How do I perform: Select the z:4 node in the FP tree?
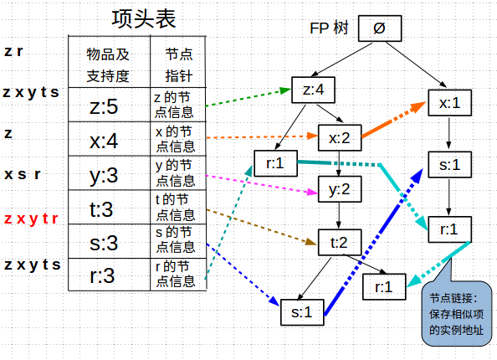pyautogui.click(x=313, y=89)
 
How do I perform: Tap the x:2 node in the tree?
pyautogui.click(x=338, y=136)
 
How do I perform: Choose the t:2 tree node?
pyautogui.click(x=338, y=243)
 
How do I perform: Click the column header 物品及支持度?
pyautogui.click(x=109, y=64)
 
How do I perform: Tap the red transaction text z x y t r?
pyautogui.click(x=31, y=219)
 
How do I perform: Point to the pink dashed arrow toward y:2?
pyautogui.click(x=259, y=185)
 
